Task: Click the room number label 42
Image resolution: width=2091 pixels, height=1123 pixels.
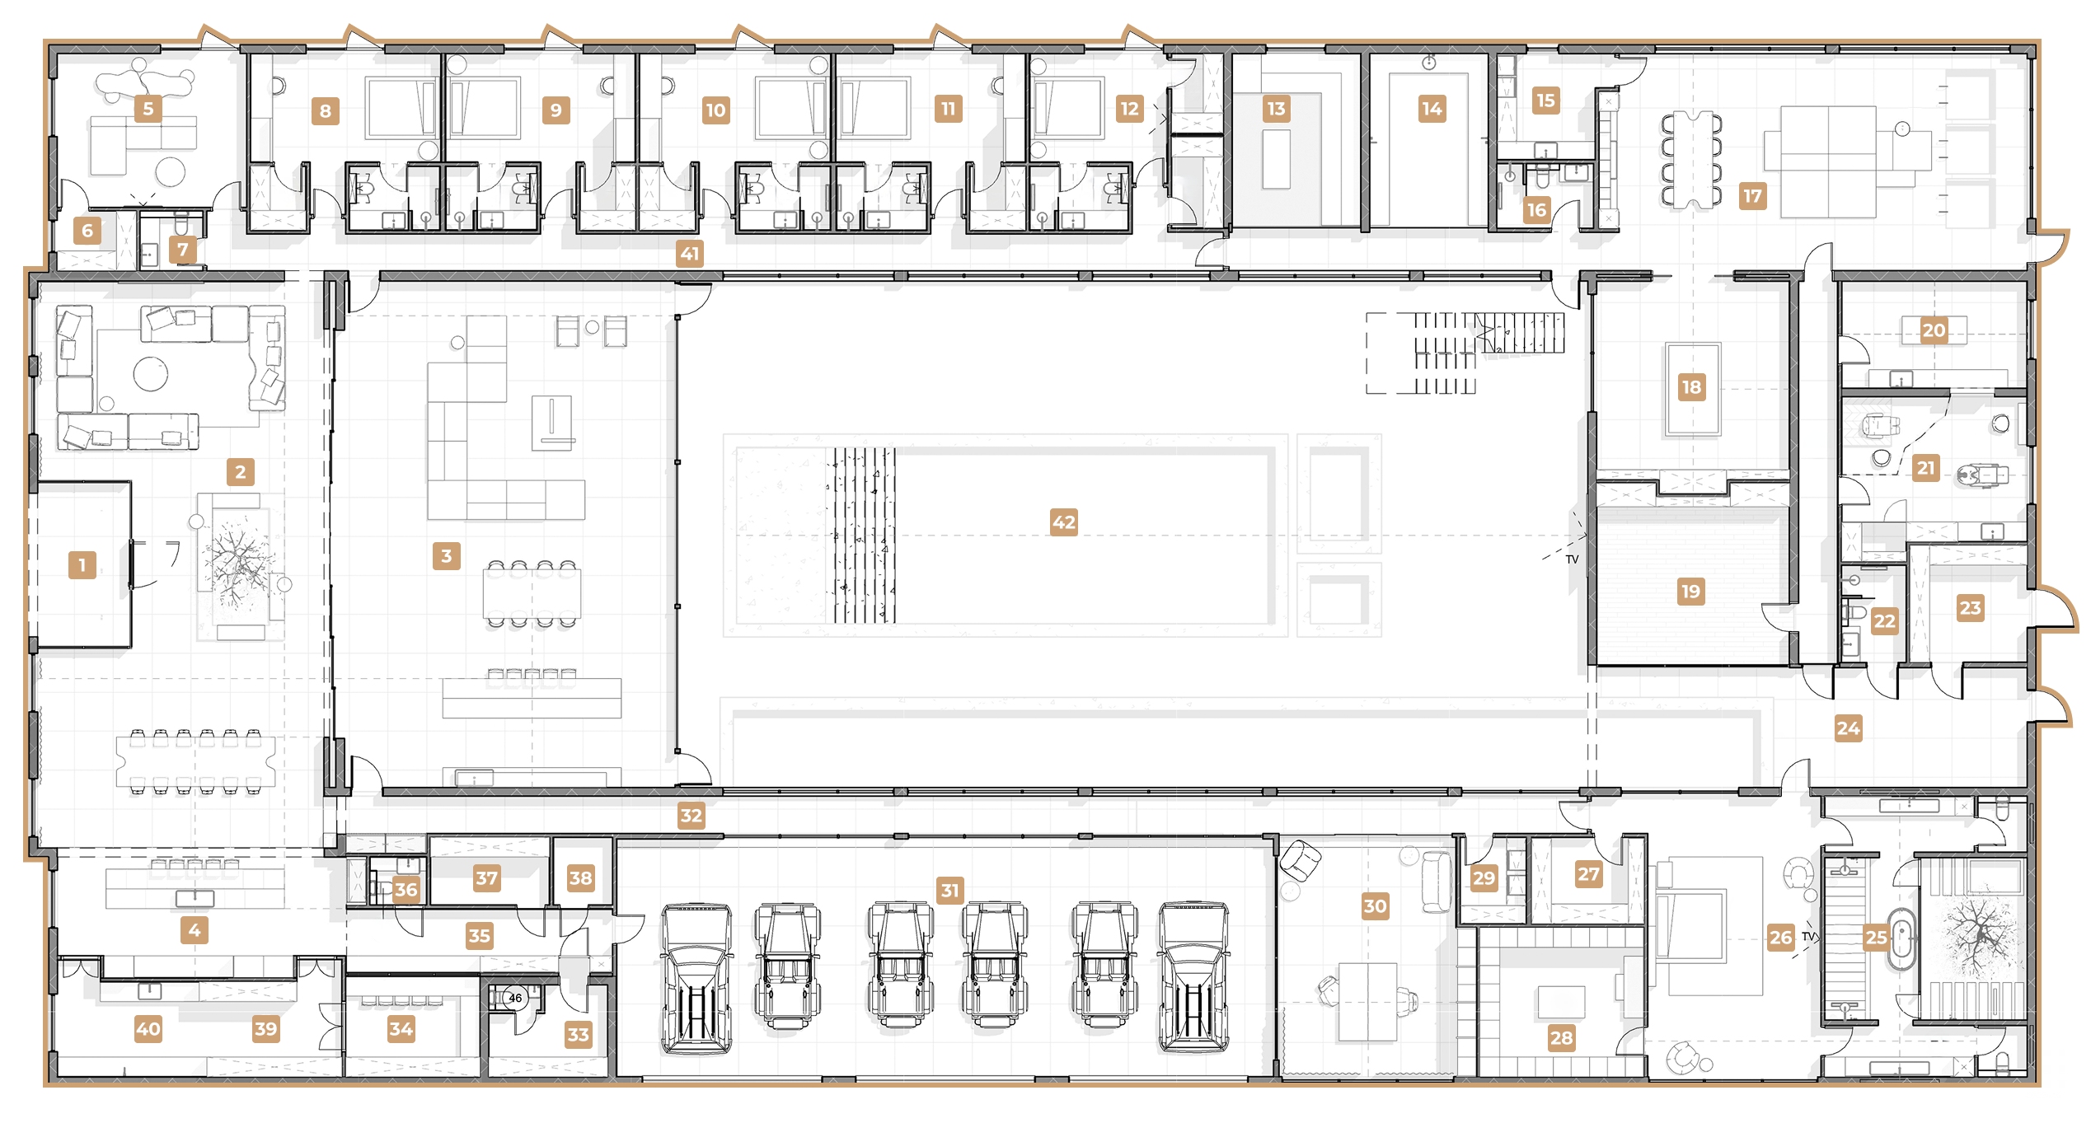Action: click(x=1063, y=522)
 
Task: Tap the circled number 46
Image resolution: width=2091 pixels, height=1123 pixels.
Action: click(x=515, y=998)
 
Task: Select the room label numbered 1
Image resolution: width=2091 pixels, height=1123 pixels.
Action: click(x=82, y=565)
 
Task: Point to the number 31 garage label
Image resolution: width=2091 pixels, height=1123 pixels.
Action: click(x=950, y=890)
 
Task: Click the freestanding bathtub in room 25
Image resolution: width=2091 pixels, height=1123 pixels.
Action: click(x=1901, y=938)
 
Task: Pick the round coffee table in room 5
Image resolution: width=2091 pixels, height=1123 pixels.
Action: click(x=171, y=171)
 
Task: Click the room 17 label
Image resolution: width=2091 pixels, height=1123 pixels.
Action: click(x=1752, y=196)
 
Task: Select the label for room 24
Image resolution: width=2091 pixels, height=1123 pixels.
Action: click(x=1848, y=728)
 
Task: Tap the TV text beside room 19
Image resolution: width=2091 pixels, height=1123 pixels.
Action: click(x=1572, y=559)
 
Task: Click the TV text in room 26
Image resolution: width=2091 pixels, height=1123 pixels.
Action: click(x=1809, y=936)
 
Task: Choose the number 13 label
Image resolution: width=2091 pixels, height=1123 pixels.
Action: click(x=1276, y=109)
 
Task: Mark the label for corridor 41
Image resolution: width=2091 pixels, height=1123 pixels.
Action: click(x=690, y=254)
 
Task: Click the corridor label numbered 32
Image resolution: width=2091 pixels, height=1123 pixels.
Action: click(x=691, y=816)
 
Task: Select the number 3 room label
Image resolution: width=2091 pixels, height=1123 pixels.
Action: click(x=446, y=556)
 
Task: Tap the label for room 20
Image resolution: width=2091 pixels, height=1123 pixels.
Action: click(x=1934, y=330)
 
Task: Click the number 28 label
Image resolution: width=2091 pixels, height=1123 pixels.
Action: click(x=1561, y=1038)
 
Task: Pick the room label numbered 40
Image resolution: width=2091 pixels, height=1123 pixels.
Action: click(x=148, y=1028)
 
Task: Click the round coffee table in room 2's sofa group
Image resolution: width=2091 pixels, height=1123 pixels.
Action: click(x=151, y=373)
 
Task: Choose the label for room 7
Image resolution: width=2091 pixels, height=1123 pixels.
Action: click(x=183, y=249)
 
